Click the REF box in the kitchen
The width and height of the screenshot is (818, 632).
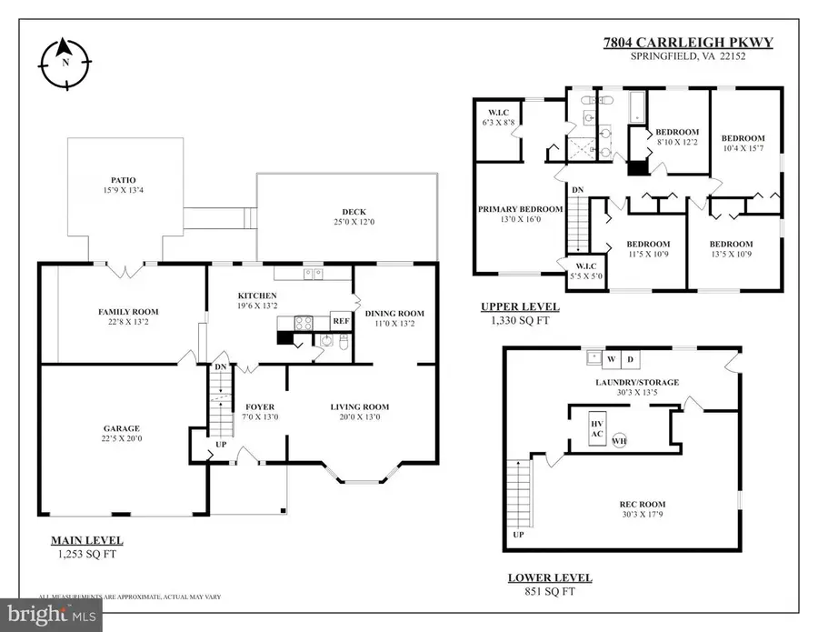click(x=341, y=321)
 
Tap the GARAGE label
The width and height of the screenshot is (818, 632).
click(x=121, y=428)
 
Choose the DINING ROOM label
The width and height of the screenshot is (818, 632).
click(x=394, y=314)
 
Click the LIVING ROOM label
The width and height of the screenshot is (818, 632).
click(x=359, y=406)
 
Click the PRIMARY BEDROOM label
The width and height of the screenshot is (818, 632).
click(x=521, y=208)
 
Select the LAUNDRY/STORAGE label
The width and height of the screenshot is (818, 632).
click(x=636, y=382)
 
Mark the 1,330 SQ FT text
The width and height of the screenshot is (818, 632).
click(x=519, y=320)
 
